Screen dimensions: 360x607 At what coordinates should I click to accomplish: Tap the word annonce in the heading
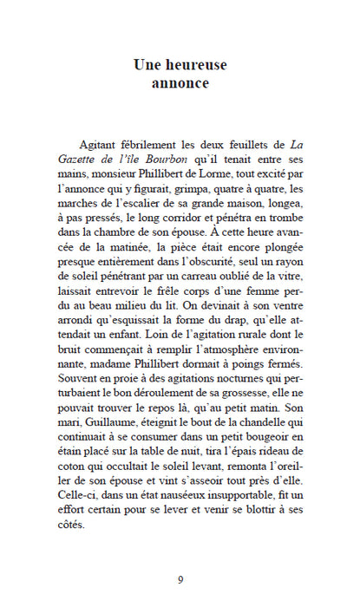(180, 84)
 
